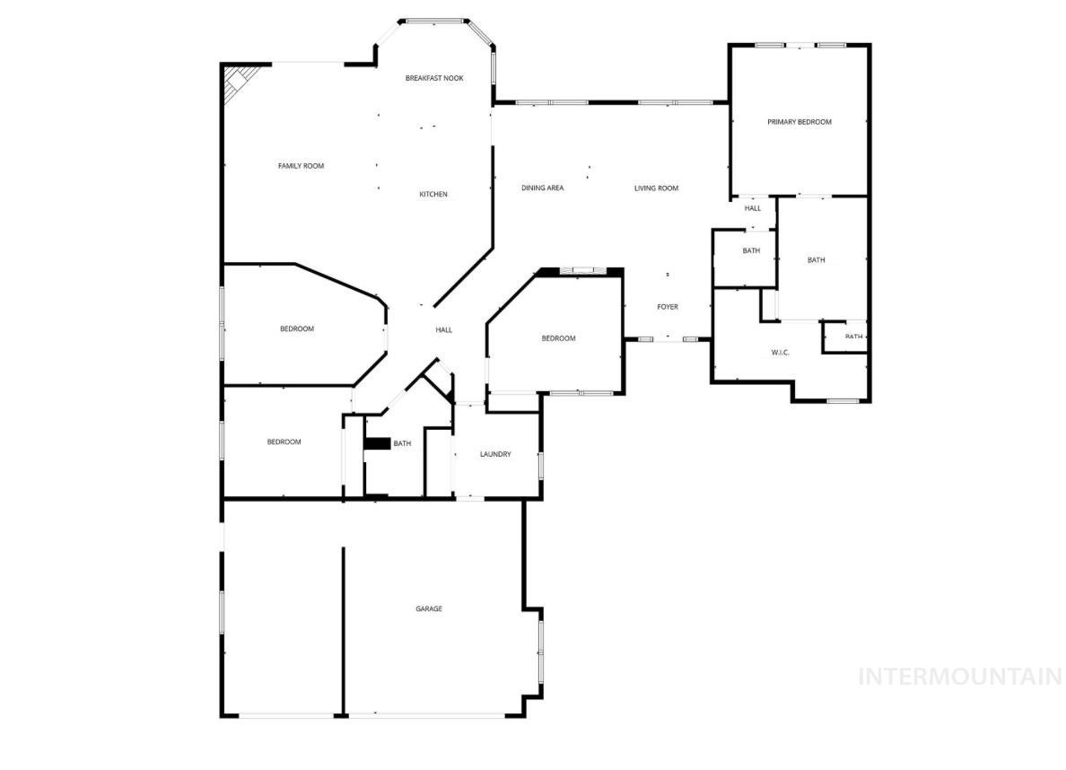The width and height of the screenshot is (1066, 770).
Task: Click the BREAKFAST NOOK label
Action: pos(433,79)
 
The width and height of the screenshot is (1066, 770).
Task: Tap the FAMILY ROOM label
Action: pos(301,166)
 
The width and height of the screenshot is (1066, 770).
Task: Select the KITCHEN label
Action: pos(433,195)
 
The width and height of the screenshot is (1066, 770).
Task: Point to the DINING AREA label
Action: pos(543,188)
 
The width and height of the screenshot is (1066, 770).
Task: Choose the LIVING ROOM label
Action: pos(656,188)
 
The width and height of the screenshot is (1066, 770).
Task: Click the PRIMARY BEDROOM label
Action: pos(799,122)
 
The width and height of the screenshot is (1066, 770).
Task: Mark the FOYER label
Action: pos(668,307)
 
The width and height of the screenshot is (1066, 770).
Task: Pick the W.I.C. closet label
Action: pos(780,352)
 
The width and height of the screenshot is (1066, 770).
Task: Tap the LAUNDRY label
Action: pos(495,455)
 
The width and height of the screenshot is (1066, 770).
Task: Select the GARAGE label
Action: pos(429,609)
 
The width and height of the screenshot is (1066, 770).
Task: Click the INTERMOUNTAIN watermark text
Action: pos(960,677)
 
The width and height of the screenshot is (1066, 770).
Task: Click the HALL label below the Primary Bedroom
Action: pos(752,208)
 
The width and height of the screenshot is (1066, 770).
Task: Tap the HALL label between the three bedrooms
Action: pos(444,330)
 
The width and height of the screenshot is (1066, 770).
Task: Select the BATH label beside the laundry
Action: pos(402,443)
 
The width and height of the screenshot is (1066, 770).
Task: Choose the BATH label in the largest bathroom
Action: pos(816,260)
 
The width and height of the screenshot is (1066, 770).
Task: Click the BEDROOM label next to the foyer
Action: pos(558,338)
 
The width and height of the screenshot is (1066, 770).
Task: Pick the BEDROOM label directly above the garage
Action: pos(284,442)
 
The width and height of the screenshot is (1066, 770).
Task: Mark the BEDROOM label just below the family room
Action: pos(297,329)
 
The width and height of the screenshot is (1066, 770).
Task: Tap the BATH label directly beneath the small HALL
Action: pos(751,251)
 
